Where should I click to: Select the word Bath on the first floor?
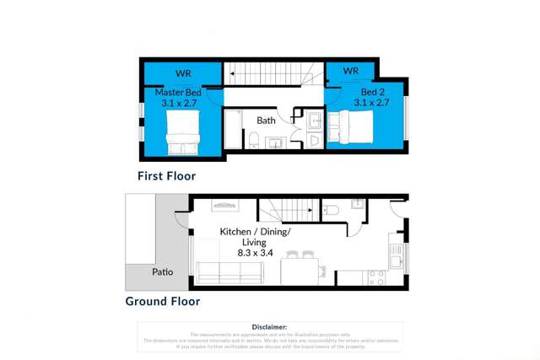point(267,121)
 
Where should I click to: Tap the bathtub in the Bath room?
point(235,132)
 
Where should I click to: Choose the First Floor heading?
point(167,176)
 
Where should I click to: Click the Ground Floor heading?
point(163,300)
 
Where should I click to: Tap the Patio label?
point(163,271)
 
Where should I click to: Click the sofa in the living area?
point(229,272)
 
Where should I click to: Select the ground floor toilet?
point(333,209)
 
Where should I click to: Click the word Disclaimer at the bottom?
point(270,326)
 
